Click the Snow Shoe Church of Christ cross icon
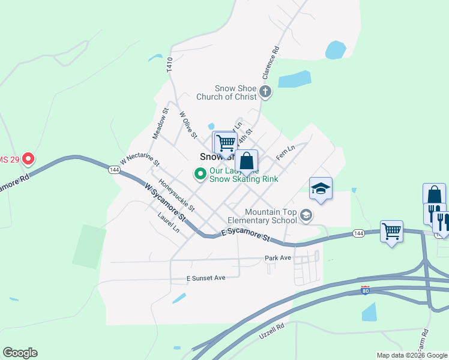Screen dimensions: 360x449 pyautogui.click(x=266, y=92)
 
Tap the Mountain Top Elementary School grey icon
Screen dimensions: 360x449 pyautogui.click(x=306, y=215)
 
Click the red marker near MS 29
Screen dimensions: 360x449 pyautogui.click(x=28, y=160)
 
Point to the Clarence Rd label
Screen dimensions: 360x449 pyautogui.click(x=270, y=64)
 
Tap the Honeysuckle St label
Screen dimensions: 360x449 pyautogui.click(x=176, y=195)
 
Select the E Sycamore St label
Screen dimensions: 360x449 pyautogui.click(x=245, y=235)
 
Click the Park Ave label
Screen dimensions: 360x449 pyautogui.click(x=277, y=258)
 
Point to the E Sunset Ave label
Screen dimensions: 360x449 pyautogui.click(x=205, y=278)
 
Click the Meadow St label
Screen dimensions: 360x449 pyautogui.click(x=160, y=123)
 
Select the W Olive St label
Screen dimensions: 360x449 pyautogui.click(x=188, y=125)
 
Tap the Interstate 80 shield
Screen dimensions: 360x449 pyautogui.click(x=366, y=291)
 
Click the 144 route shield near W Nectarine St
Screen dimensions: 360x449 pyautogui.click(x=114, y=170)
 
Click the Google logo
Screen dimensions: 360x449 pyautogui.click(x=20, y=353)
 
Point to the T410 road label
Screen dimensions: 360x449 pyautogui.click(x=170, y=65)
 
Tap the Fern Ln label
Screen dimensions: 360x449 pyautogui.click(x=285, y=152)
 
